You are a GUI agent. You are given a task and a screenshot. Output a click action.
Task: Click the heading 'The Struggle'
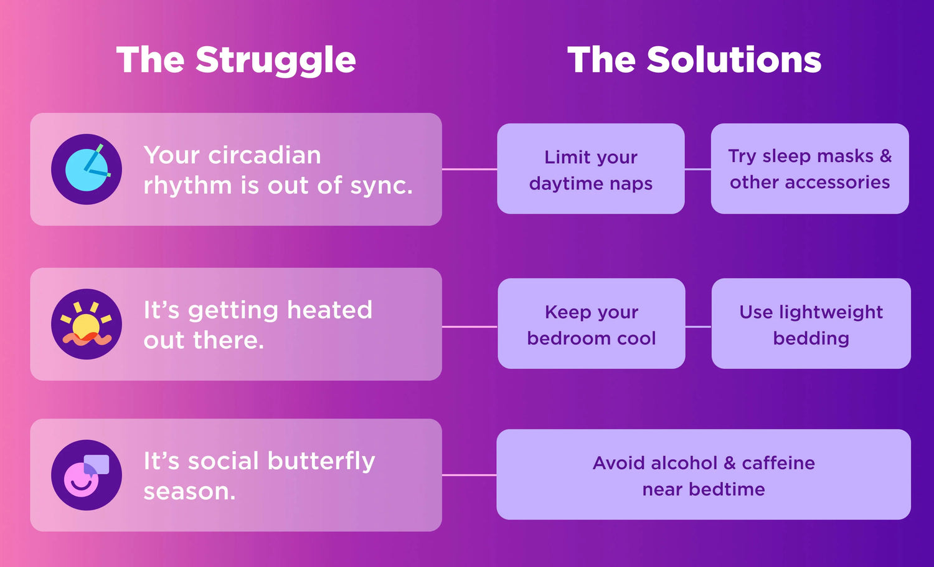tap(236, 60)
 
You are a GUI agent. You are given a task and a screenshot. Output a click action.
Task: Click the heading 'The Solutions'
tap(694, 60)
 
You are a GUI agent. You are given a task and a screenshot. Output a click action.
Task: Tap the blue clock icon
tap(87, 169)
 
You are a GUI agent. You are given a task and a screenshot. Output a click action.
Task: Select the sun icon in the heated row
tap(87, 324)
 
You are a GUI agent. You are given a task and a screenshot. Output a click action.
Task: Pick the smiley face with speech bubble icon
tap(87, 475)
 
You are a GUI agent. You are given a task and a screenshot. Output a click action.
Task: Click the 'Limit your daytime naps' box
tap(591, 169)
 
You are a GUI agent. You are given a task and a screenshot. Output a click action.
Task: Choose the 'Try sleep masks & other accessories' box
tap(809, 169)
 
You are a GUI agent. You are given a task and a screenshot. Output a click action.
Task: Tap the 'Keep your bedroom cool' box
tap(592, 323)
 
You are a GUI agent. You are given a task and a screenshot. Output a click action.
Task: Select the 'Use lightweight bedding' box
tap(811, 323)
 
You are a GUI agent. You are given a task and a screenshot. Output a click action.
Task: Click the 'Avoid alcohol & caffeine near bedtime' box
tap(704, 474)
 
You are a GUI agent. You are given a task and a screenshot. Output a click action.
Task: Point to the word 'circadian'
tap(265, 155)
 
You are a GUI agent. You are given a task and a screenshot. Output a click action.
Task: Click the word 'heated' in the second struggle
tap(329, 310)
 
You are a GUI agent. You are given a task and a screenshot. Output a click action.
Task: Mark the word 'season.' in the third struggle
tap(190, 492)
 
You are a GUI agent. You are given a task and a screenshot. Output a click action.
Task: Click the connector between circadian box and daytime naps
tap(469, 169)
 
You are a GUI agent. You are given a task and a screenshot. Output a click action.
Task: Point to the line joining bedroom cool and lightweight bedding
tap(699, 326)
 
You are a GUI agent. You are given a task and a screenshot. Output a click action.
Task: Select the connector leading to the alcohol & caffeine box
tap(469, 475)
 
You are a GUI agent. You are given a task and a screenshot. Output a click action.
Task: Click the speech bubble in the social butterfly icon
tap(97, 464)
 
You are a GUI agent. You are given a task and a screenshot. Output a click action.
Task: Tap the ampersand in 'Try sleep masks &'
tap(885, 156)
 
